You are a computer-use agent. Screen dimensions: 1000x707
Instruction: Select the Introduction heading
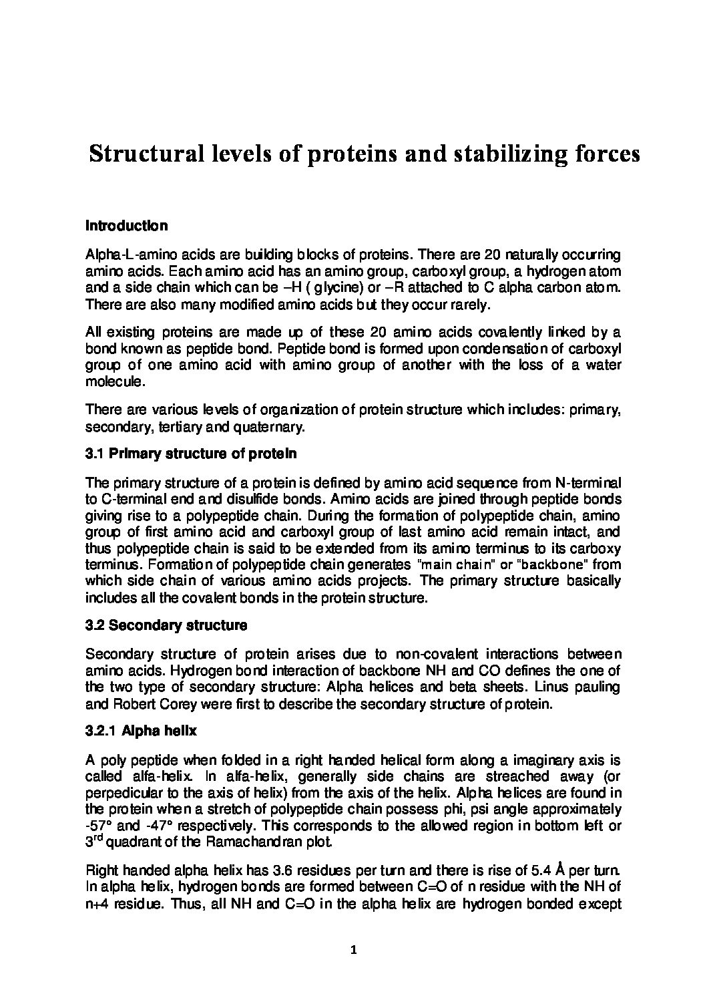(126, 226)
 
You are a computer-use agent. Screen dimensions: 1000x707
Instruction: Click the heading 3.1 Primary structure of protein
(191, 454)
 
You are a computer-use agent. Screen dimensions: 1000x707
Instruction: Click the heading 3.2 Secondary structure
(166, 626)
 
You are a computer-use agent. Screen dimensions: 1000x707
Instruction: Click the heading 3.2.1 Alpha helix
(141, 731)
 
